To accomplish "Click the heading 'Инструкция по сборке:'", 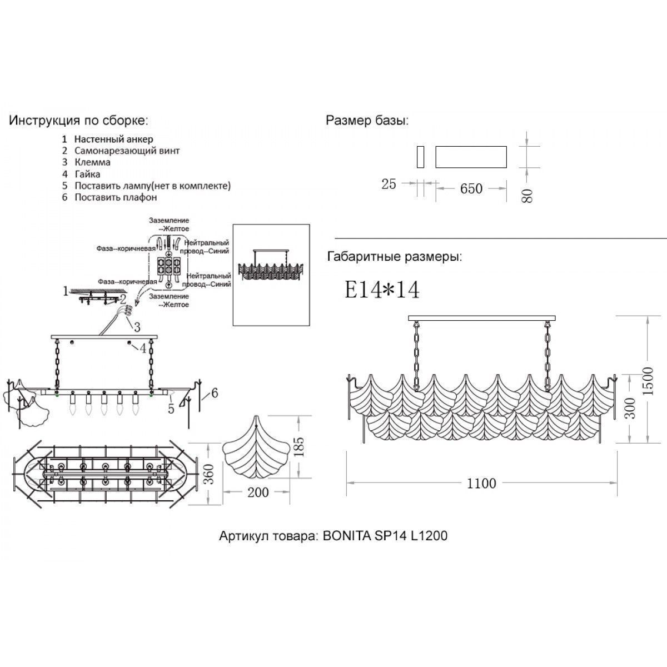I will [78, 121].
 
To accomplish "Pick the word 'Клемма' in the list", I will [92, 162].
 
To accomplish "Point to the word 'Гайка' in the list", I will [87, 174].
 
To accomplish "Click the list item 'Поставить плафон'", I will [116, 197].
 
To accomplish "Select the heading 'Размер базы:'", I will [367, 121].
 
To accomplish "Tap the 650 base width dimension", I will [471, 189].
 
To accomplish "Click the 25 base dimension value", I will [389, 184].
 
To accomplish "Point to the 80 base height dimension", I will [527, 195].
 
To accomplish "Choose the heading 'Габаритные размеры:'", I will [395, 257].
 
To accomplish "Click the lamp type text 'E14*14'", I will [382, 290].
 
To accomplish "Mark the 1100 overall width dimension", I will [481, 484].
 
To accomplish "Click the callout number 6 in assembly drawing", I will [214, 394].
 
